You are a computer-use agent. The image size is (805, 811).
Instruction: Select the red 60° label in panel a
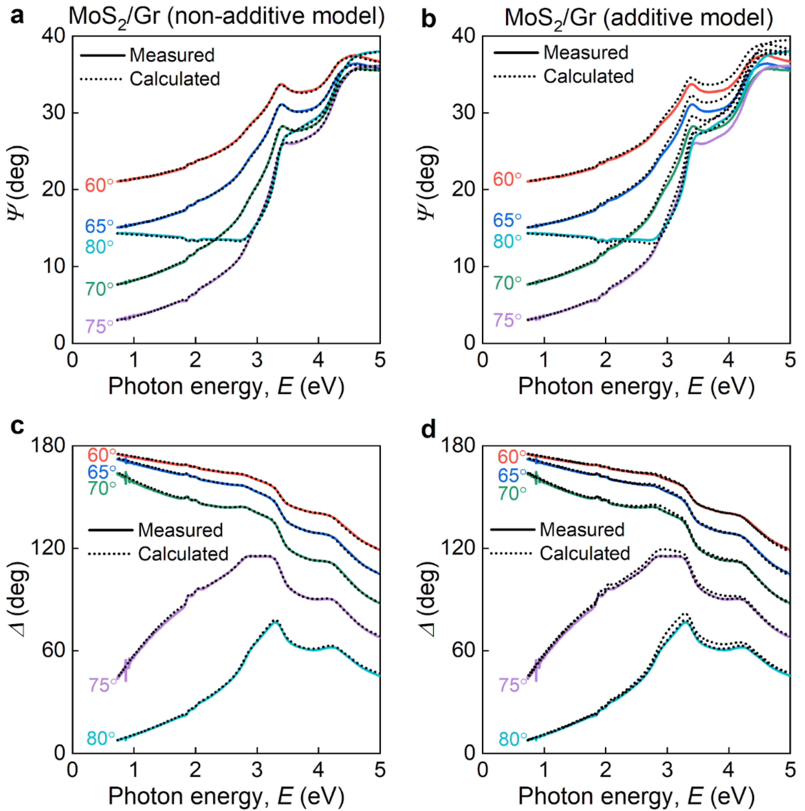click(99, 185)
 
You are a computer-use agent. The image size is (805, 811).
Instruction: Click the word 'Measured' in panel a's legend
click(172, 55)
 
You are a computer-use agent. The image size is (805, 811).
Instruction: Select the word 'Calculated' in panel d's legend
click(585, 554)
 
